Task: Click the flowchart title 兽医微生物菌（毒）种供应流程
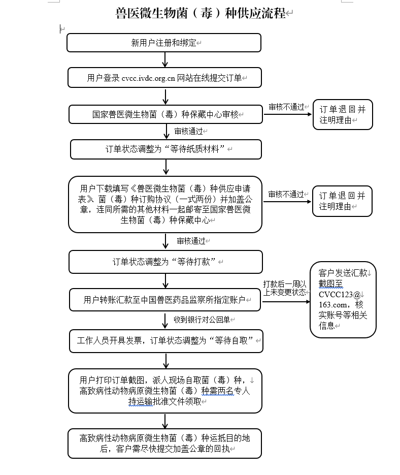coord(201,13)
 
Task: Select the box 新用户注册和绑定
coord(163,43)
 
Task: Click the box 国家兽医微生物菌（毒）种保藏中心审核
coord(165,114)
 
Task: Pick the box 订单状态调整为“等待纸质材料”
coord(165,149)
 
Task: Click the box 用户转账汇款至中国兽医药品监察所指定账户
coord(165,300)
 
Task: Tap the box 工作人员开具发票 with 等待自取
coord(165,340)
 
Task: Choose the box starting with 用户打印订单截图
coord(165,391)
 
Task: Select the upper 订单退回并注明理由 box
coord(342,115)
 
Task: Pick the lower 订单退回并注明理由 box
coord(342,201)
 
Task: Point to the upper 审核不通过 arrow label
coord(286,107)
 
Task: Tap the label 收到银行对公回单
coord(202,320)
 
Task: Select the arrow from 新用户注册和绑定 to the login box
coord(165,59)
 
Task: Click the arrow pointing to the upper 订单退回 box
coord(287,114)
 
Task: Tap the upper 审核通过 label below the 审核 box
coord(188,131)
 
